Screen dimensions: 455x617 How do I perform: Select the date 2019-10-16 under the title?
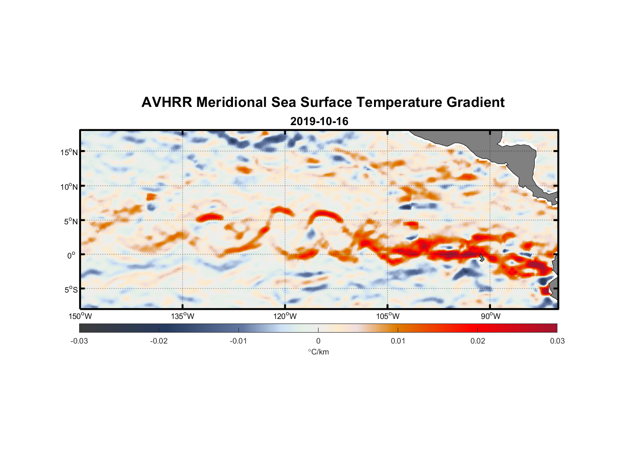pyautogui.click(x=319, y=121)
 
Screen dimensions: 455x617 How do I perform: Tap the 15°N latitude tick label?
pyautogui.click(x=69, y=152)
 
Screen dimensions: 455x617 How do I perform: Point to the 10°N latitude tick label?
pyautogui.click(x=69, y=187)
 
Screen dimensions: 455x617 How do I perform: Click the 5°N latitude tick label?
pyautogui.click(x=71, y=221)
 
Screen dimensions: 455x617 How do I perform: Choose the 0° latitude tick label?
pyautogui.click(x=71, y=255)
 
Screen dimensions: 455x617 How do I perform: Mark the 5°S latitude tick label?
pyautogui.click(x=71, y=290)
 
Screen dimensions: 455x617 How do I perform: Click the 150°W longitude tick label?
pyautogui.click(x=80, y=316)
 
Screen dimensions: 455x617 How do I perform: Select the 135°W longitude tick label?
pyautogui.click(x=182, y=316)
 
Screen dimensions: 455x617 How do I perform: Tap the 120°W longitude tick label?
pyautogui.click(x=285, y=316)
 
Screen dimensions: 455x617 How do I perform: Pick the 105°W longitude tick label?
pyautogui.click(x=388, y=316)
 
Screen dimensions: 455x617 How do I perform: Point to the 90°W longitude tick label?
pyautogui.click(x=491, y=316)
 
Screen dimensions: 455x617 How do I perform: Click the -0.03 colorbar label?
pyautogui.click(x=79, y=341)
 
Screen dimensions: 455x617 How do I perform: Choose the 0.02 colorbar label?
pyautogui.click(x=477, y=341)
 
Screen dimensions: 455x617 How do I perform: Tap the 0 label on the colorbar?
pyautogui.click(x=318, y=341)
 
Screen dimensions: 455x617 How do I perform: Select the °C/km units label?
pyautogui.click(x=318, y=352)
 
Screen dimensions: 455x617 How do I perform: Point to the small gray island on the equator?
pyautogui.click(x=481, y=258)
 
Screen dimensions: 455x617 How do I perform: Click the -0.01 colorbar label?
pyautogui.click(x=238, y=341)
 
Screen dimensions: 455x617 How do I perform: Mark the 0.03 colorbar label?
pyautogui.click(x=557, y=341)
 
